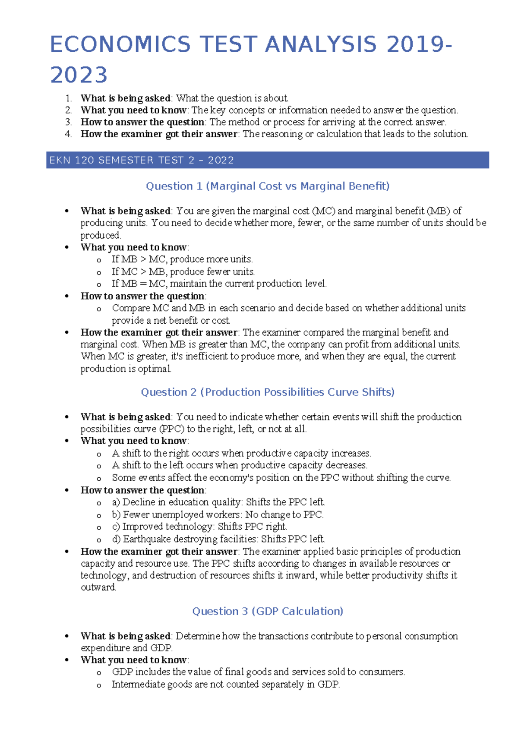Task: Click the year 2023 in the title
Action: click(79, 75)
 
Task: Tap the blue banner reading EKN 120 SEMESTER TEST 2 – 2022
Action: click(267, 160)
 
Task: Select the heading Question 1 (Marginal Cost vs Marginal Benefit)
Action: click(268, 186)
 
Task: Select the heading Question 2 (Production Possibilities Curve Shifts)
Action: click(268, 392)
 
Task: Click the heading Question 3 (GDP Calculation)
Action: click(268, 611)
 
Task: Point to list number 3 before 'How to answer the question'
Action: click(68, 122)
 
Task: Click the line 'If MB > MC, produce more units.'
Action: click(182, 259)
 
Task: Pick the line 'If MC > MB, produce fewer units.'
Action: click(183, 271)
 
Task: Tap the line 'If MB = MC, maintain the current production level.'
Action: click(219, 284)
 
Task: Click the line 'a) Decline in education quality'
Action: click(218, 502)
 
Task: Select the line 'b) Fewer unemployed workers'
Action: click(218, 514)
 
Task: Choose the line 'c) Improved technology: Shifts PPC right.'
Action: click(199, 527)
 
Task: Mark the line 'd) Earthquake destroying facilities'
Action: click(218, 539)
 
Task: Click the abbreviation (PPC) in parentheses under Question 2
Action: click(171, 429)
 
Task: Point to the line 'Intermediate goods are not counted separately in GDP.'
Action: click(226, 685)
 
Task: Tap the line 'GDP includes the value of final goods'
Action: click(258, 672)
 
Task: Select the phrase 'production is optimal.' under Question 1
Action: click(126, 369)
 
